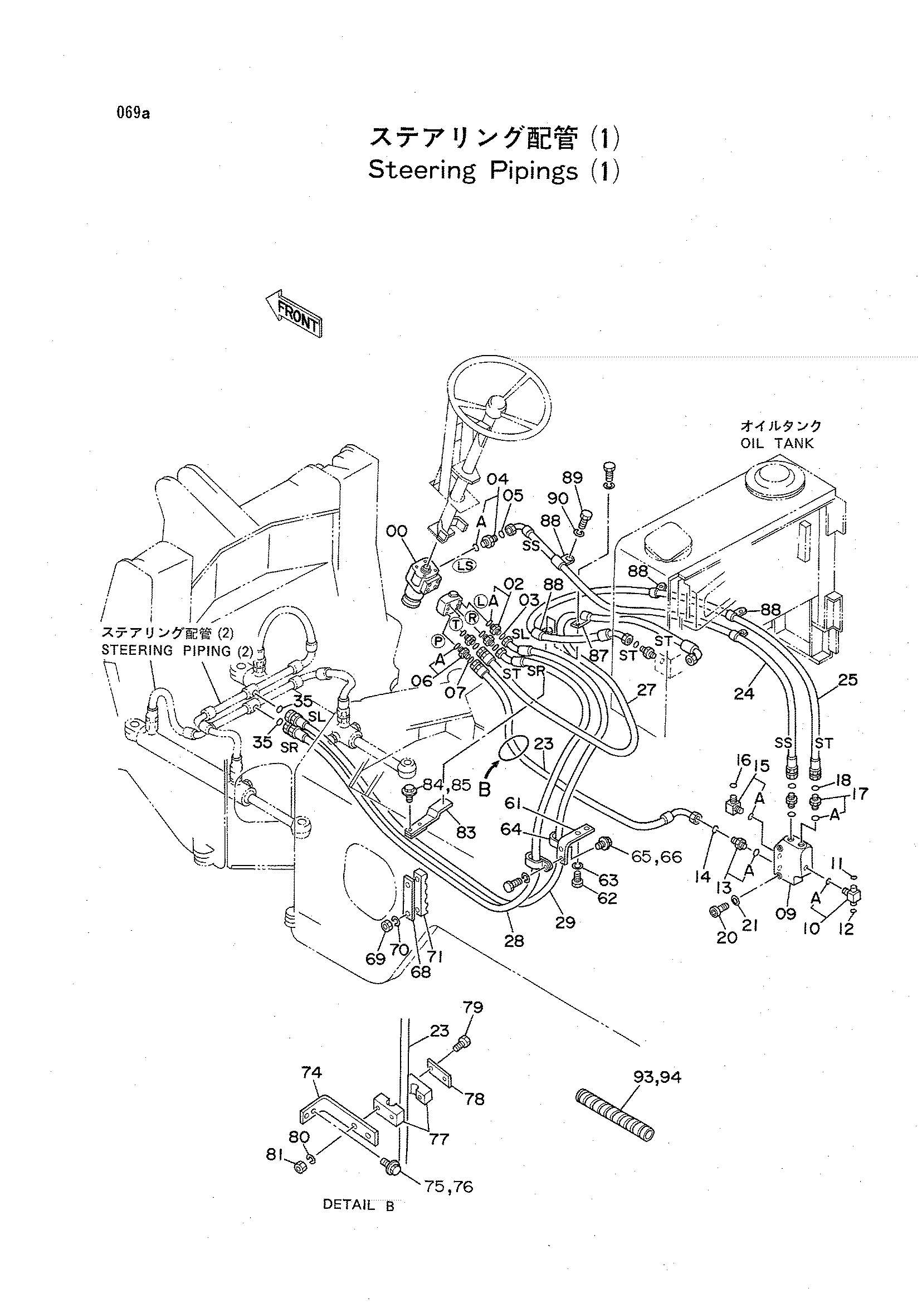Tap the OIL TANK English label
pos(777,444)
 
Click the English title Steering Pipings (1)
pos(494,171)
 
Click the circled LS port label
pos(465,565)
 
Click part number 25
pos(847,679)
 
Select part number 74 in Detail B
pos(311,1072)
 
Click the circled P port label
pos(438,641)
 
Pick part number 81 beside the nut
pos(276,1155)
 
